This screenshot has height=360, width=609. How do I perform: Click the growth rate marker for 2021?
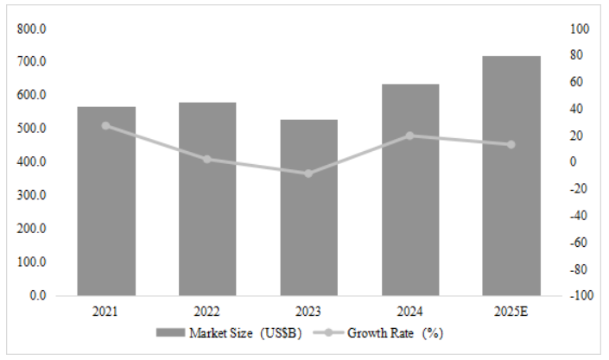click(106, 125)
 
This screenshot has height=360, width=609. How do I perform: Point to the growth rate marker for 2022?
click(207, 159)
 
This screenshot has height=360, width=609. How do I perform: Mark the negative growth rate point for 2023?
click(308, 174)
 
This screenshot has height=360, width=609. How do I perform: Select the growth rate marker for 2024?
click(410, 136)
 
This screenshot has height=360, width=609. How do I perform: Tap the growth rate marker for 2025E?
click(511, 144)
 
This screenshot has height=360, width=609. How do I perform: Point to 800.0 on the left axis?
click(32, 28)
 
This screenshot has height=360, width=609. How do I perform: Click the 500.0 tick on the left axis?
click(32, 129)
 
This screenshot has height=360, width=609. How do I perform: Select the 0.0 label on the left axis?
click(36, 295)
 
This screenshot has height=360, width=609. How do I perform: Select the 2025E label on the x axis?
click(511, 311)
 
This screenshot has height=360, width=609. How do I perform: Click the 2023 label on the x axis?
click(308, 311)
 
